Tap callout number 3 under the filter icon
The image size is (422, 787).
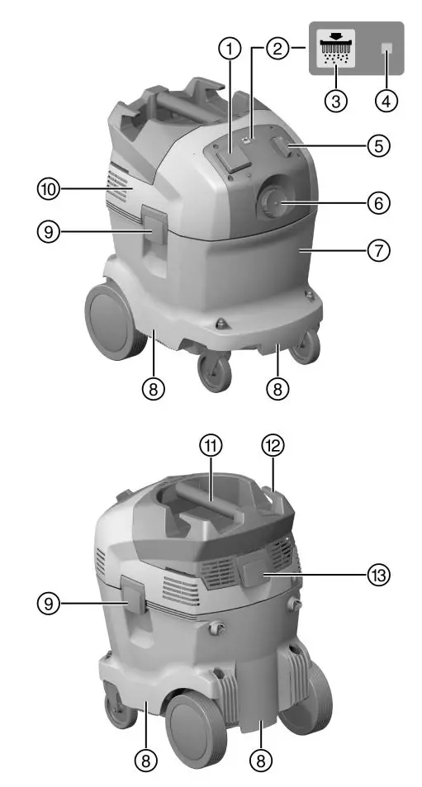click(335, 100)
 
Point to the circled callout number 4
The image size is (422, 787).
click(385, 100)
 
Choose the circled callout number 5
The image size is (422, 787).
click(378, 145)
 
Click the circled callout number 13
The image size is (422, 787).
click(378, 572)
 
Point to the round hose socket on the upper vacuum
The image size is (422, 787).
click(272, 201)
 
